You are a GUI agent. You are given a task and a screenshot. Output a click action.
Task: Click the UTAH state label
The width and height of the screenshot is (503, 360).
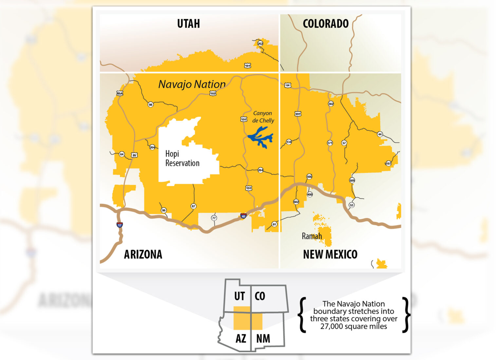tap(188, 24)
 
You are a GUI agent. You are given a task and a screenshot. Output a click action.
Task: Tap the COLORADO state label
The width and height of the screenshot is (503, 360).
tap(326, 24)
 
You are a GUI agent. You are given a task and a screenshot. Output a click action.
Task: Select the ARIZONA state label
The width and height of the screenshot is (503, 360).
tap(143, 254)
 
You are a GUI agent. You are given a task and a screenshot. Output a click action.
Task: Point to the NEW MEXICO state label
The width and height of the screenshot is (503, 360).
tap(330, 254)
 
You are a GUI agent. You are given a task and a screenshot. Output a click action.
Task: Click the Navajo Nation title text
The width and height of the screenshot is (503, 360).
tap(192, 84)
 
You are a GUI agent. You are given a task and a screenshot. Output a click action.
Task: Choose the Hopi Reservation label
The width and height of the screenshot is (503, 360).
tap(182, 158)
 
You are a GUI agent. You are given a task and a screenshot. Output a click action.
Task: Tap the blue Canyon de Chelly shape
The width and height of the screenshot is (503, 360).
tap(261, 138)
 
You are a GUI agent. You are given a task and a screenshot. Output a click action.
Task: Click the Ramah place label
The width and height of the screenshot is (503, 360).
tap(311, 236)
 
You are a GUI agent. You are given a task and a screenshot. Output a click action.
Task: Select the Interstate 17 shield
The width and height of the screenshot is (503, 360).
tap(120, 225)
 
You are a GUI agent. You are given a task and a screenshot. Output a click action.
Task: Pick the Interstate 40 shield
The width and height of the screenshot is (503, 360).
tap(243, 216)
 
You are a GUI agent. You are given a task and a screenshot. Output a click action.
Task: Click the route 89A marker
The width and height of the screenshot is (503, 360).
tap(120, 93)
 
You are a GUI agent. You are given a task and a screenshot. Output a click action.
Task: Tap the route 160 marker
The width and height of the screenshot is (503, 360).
tap(213, 94)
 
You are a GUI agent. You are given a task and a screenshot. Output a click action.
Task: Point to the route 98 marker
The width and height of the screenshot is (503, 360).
tap(150, 105)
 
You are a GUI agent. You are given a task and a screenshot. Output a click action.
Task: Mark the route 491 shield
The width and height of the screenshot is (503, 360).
tap(298, 114)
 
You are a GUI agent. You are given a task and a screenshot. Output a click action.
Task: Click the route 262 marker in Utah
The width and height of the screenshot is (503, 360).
tap(260, 44)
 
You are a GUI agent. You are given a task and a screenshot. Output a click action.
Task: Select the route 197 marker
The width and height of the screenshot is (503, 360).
tap(388, 163)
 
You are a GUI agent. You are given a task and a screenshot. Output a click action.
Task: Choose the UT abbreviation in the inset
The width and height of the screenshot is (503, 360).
tap(239, 296)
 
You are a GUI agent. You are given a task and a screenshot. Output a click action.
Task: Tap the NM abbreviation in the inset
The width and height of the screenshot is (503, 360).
tap(263, 338)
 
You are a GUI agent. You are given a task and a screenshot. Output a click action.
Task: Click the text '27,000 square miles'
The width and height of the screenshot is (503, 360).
tap(353, 326)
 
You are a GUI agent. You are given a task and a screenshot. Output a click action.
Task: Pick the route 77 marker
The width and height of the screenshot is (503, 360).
tap(214, 218)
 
